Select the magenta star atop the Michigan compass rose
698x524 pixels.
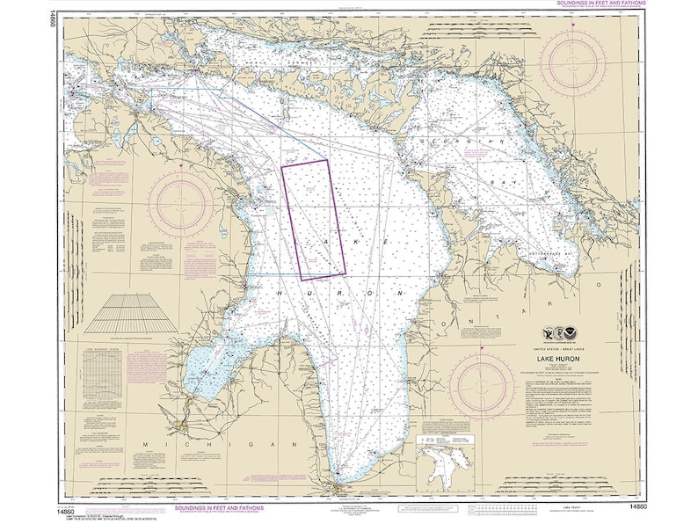click(181, 165)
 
